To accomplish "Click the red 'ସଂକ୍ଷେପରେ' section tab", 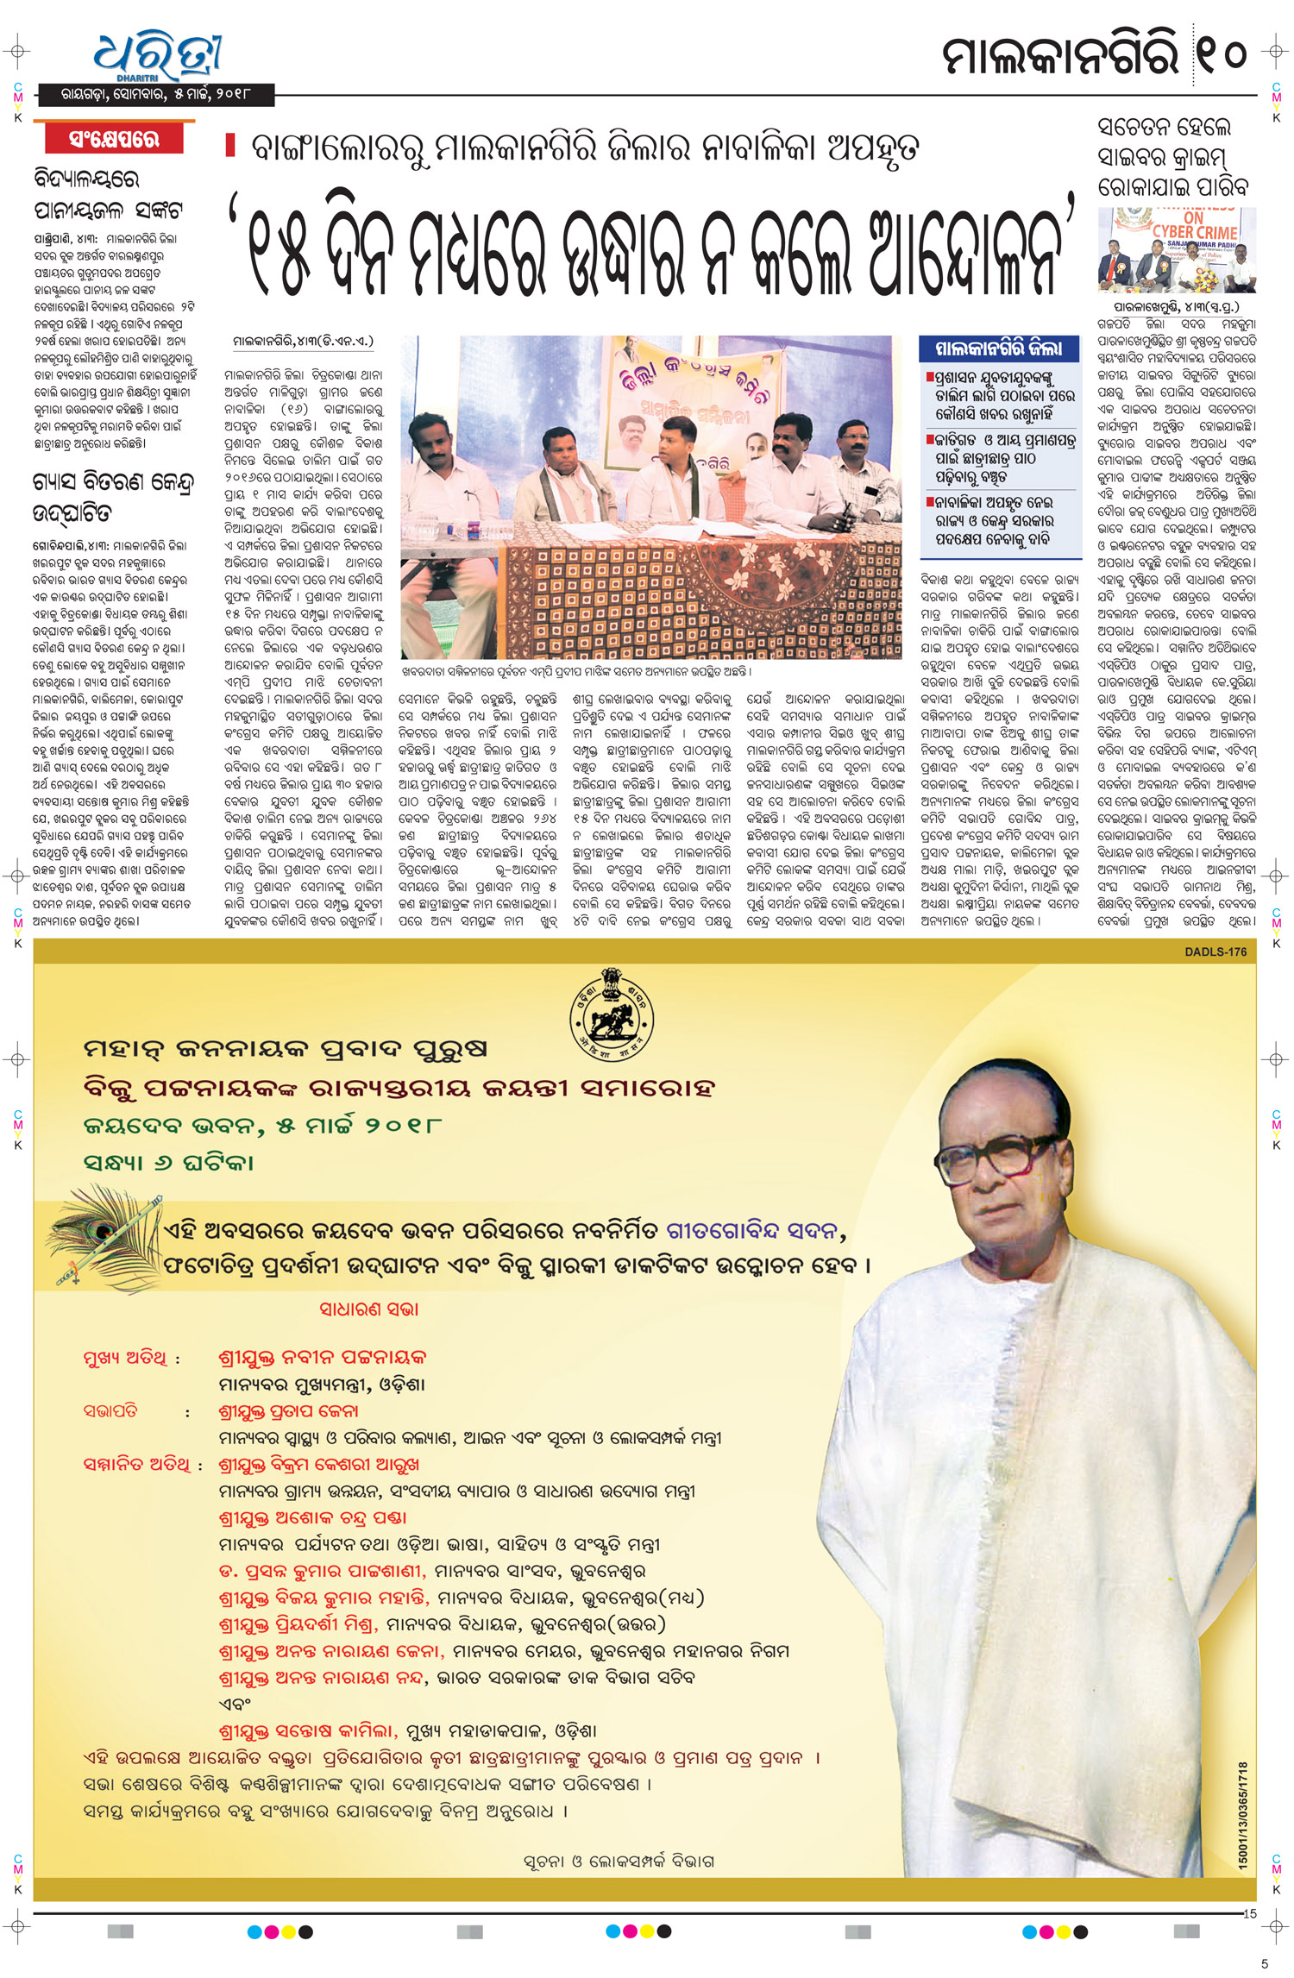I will [115, 139].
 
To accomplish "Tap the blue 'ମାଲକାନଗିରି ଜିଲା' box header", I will [999, 349].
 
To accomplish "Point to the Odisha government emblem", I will [612, 1015].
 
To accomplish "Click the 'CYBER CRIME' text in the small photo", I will [1195, 231].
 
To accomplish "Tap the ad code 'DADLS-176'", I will [1215, 951].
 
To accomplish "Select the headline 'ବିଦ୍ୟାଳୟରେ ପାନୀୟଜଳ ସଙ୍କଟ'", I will [108, 194].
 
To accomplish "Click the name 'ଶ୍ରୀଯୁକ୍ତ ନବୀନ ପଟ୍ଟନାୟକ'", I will [323, 1357].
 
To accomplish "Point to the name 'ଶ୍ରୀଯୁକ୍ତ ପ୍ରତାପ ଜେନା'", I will [288, 1412].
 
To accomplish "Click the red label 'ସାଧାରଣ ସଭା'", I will [368, 1309].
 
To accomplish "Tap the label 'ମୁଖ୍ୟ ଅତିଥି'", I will [126, 1359].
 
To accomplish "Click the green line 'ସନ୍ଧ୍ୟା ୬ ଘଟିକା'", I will [168, 1162].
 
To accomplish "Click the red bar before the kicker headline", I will [230, 145].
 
